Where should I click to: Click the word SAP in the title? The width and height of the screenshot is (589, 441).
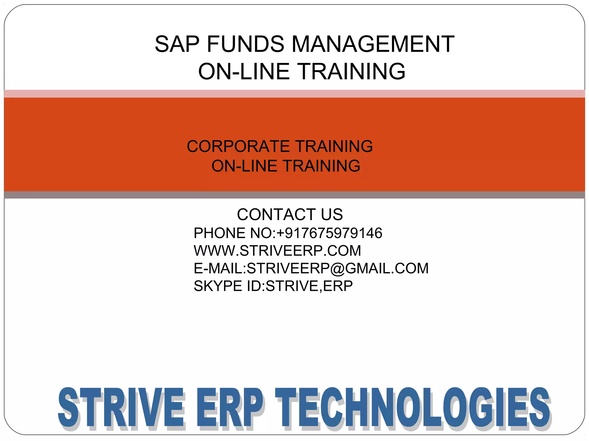coord(177,44)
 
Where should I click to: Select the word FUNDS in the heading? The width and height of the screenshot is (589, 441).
coord(245,44)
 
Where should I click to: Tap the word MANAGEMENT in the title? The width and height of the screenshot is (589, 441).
coord(373,44)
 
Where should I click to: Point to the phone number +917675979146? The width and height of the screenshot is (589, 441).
coord(329,233)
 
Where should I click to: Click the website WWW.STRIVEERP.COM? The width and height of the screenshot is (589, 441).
coord(277,251)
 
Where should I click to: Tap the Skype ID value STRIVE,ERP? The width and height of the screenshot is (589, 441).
coord(309,286)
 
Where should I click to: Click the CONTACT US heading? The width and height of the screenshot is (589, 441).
coord(290,214)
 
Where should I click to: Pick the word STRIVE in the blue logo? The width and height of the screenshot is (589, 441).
coord(121,408)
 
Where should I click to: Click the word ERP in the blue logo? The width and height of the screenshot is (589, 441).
coord(230,408)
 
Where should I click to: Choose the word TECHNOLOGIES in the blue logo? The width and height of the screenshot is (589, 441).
coord(413,408)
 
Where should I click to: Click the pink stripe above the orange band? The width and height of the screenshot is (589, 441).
coord(294,94)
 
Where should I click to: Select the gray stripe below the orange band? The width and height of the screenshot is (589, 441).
coord(294,195)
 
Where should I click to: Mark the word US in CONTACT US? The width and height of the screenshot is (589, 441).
coord(332,214)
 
